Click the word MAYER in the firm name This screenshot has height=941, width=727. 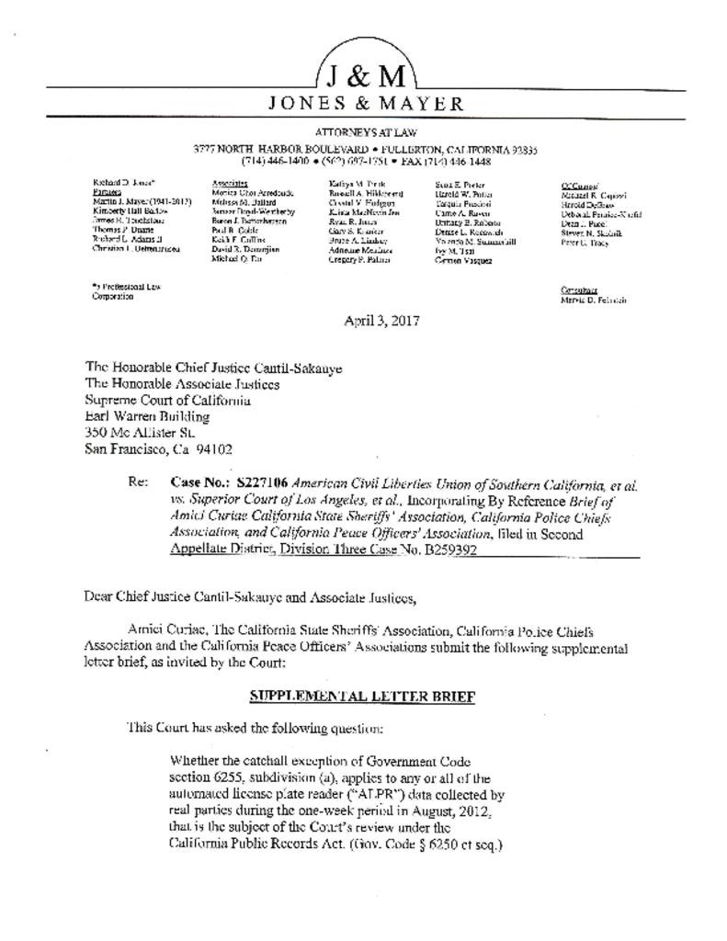[x=424, y=103]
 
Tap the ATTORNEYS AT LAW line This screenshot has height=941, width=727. [x=366, y=133]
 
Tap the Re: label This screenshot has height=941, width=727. [x=140, y=482]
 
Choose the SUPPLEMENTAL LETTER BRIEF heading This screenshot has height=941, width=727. [x=362, y=696]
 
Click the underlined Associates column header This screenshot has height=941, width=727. [x=230, y=184]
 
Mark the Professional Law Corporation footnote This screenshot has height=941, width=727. [x=126, y=291]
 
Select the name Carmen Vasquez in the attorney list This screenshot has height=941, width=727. [x=463, y=260]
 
